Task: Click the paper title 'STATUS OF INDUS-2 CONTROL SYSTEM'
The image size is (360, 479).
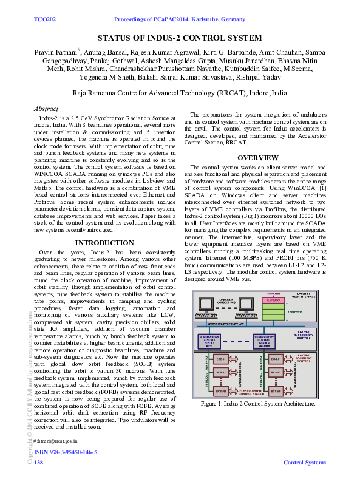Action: point(180,38)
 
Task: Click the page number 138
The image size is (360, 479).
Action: point(38,463)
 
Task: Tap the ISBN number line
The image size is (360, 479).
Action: point(65,452)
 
